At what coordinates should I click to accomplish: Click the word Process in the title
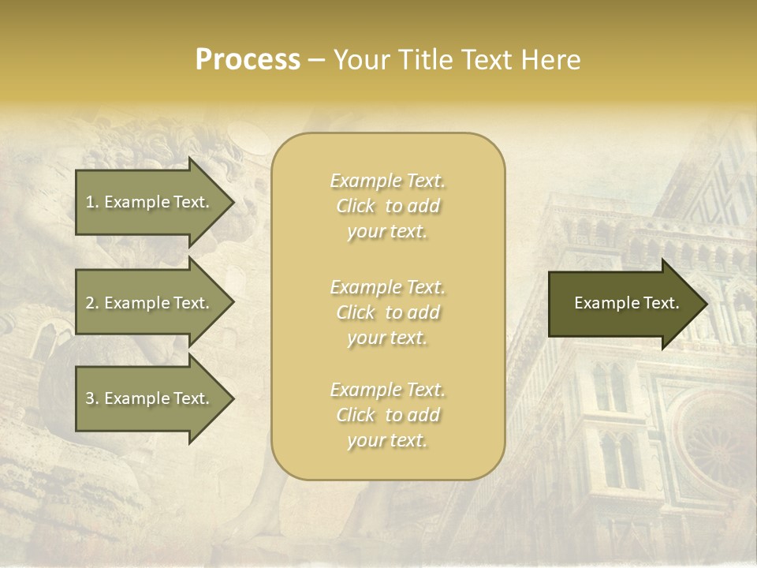(248, 60)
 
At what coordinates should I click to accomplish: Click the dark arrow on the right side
(623, 304)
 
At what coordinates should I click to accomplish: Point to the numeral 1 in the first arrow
(90, 202)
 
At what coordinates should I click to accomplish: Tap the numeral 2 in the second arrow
(90, 303)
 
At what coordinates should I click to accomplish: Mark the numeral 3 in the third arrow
(90, 398)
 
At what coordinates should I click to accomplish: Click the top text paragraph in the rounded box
(387, 206)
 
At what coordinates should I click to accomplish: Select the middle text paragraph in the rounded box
(387, 312)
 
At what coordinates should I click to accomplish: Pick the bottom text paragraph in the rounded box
(387, 415)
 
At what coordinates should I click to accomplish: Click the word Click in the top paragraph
(356, 206)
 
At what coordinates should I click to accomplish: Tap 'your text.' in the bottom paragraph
(387, 440)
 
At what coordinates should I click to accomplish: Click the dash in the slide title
(316, 60)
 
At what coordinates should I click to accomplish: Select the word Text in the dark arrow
(662, 303)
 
